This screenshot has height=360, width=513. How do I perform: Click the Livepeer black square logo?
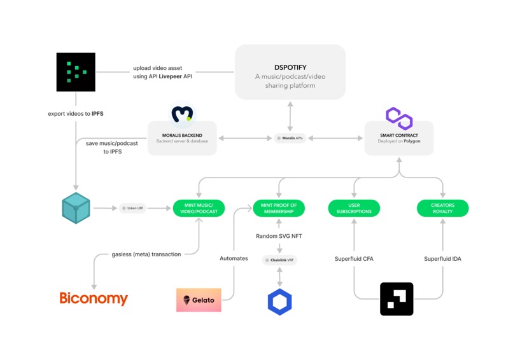click(x=76, y=72)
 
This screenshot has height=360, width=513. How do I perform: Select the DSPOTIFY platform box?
click(x=290, y=72)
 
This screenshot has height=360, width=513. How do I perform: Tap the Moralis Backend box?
click(x=182, y=138)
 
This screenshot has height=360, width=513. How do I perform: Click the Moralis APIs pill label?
click(x=290, y=138)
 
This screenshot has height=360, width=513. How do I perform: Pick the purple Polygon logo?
click(x=399, y=118)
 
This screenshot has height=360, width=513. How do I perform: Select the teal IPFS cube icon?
click(x=76, y=208)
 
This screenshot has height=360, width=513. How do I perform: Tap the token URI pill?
click(x=132, y=208)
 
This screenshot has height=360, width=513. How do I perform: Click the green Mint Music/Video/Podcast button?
click(x=199, y=208)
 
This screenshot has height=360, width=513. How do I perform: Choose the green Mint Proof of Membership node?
click(x=279, y=208)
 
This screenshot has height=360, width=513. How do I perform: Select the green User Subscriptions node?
click(x=354, y=208)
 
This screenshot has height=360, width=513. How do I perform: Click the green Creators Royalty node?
click(x=442, y=208)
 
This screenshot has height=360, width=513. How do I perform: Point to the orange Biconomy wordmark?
click(x=94, y=298)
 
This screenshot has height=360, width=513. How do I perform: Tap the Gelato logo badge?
click(x=199, y=300)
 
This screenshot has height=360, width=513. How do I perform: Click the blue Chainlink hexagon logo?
click(x=279, y=301)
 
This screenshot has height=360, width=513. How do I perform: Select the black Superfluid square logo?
click(x=397, y=299)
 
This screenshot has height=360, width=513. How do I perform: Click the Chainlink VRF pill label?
click(x=279, y=260)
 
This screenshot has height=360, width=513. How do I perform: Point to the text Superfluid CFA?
click(x=354, y=260)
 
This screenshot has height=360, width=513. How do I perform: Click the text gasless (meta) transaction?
click(x=146, y=254)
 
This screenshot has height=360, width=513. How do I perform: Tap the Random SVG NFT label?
click(x=279, y=236)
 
